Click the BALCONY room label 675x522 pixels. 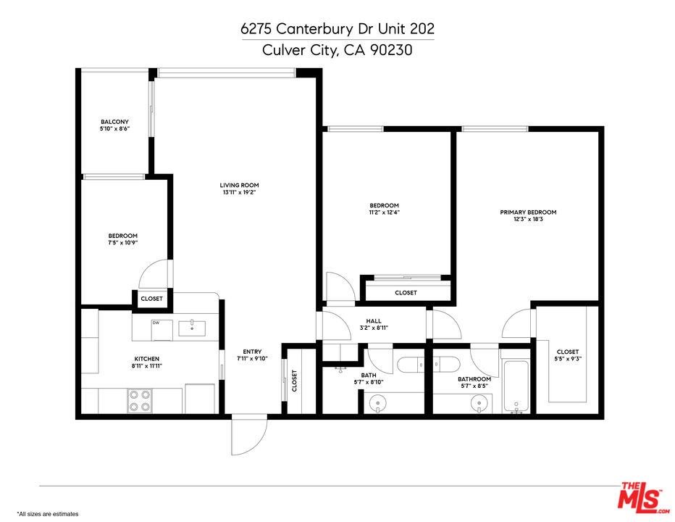coord(114,121)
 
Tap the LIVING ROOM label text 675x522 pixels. coord(239,185)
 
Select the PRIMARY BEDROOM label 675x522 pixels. coord(528,212)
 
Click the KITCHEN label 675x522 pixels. coord(146,359)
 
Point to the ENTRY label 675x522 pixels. coord(252,352)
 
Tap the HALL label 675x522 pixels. coord(374,320)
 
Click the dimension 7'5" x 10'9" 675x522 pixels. coord(122,242)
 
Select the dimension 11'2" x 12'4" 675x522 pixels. coord(384,212)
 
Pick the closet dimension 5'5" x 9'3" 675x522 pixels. coord(567,358)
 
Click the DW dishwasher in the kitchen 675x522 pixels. coord(162,329)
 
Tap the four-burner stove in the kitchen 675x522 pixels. coord(140,401)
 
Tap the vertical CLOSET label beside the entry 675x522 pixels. coord(294,381)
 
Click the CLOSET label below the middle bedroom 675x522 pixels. coord(406,293)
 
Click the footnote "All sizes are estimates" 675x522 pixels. coord(48,513)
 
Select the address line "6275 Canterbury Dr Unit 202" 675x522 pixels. coord(337,29)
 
